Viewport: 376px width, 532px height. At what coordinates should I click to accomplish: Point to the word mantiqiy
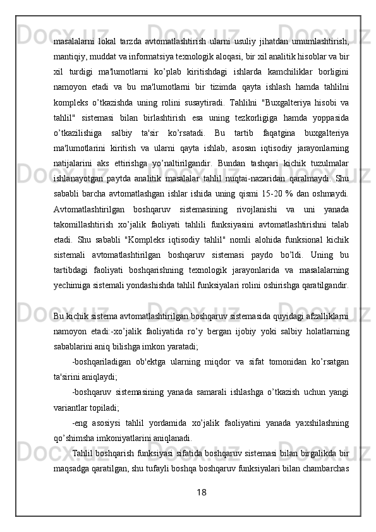(70, 56)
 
